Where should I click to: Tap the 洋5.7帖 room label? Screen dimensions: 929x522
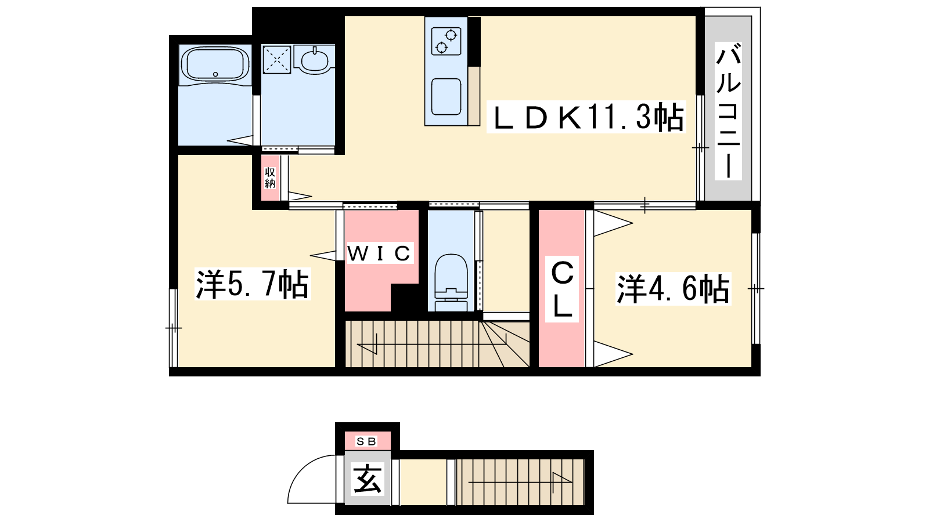[252, 285]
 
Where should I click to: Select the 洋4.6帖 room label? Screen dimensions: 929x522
[673, 289]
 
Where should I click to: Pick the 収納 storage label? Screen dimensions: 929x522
[270, 177]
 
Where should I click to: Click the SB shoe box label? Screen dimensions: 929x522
[366, 441]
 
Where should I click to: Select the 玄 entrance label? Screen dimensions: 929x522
[367, 479]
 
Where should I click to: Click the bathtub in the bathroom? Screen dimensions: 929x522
[215, 64]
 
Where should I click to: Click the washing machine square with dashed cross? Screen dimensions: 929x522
[277, 59]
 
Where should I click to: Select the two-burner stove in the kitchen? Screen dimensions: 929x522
[447, 41]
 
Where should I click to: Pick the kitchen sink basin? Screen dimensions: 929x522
[447, 96]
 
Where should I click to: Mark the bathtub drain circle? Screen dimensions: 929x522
[215, 75]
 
